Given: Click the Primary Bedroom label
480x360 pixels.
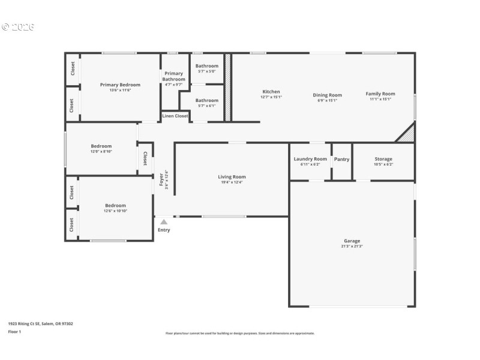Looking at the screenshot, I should [x=120, y=85].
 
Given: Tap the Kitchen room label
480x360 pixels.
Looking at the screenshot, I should [x=271, y=92].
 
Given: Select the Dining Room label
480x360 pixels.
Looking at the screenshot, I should [x=327, y=95].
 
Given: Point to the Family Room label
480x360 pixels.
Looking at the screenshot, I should [x=380, y=94].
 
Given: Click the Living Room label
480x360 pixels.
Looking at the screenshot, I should [x=232, y=177].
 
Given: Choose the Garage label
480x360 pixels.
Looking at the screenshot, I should [x=352, y=241].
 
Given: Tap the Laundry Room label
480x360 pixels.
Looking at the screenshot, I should [x=310, y=159].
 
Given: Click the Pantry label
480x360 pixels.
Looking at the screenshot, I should [x=341, y=159].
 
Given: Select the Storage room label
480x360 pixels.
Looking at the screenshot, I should [x=383, y=159].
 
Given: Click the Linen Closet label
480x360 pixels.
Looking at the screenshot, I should [x=175, y=116].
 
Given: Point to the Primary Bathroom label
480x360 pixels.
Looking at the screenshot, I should [x=174, y=76].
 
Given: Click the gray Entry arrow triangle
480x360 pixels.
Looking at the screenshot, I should [x=164, y=222].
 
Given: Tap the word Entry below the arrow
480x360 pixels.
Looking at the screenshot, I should [x=164, y=230].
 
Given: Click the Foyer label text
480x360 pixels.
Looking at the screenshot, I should [x=161, y=179].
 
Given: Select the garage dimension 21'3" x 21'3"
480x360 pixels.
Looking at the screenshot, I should [x=352, y=247].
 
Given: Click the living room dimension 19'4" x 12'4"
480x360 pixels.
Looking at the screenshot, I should [x=232, y=182].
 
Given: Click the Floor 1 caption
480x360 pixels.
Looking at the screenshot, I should [x=14, y=331].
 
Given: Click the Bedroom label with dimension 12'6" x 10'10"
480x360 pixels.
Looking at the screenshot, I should [x=115, y=205].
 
